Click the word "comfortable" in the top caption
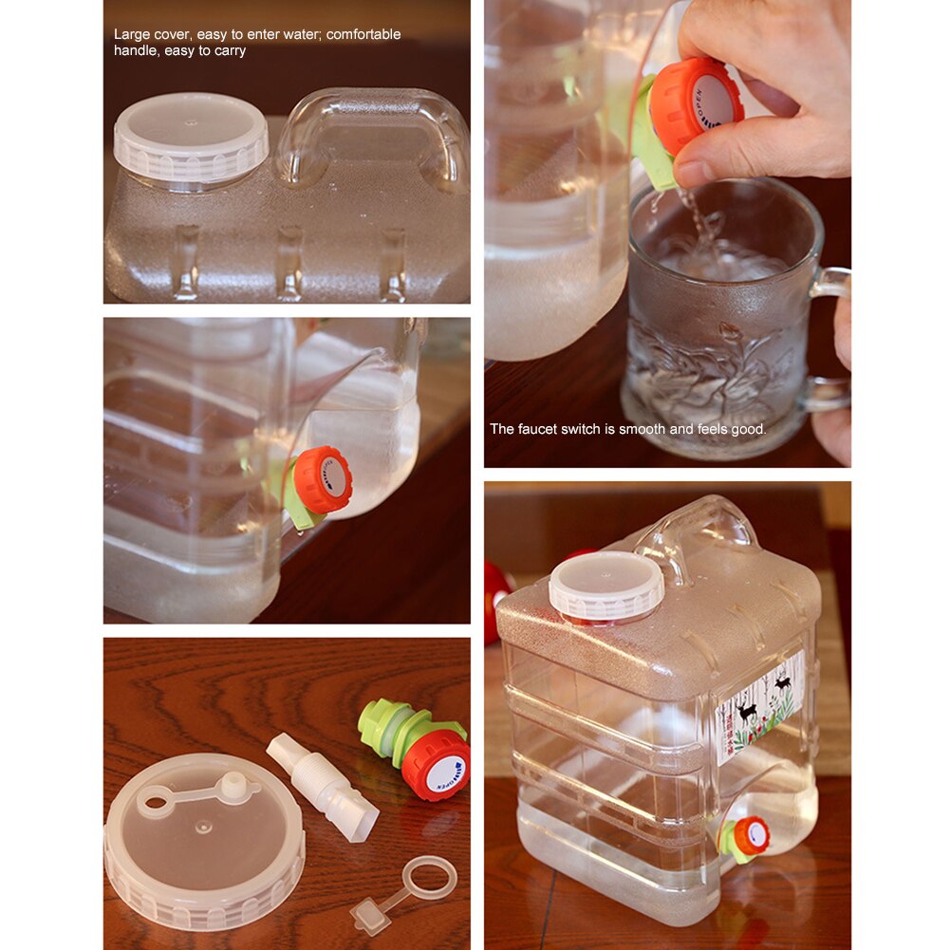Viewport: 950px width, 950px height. pyautogui.click(x=363, y=34)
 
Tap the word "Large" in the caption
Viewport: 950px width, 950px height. pyautogui.click(x=132, y=34)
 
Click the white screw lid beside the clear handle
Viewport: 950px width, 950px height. pyautogui.click(x=190, y=138)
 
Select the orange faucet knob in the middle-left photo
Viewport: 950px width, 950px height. pyautogui.click(x=323, y=479)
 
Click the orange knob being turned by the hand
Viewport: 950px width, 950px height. pyautogui.click(x=698, y=104)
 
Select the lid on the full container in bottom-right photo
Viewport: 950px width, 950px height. pyautogui.click(x=605, y=585)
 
